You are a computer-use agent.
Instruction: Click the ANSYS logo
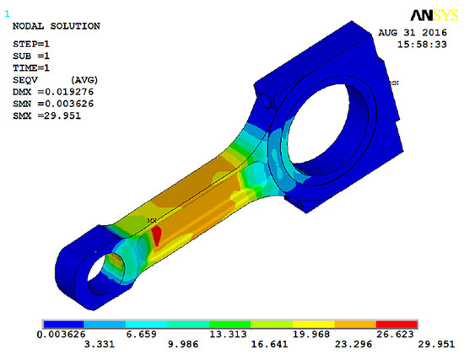coord(434,15)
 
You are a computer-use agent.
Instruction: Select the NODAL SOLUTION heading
coord(57,26)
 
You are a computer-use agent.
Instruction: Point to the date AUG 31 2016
coord(413,33)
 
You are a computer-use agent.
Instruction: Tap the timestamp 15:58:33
coord(422,45)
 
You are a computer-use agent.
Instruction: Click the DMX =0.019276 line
coord(53,92)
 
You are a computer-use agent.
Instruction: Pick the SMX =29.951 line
coord(46,116)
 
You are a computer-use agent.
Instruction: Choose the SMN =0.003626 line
coord(53,104)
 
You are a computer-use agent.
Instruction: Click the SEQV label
coord(25,80)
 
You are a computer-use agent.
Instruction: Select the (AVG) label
coord(84,80)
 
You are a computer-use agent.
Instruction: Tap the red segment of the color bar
coord(397,325)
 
